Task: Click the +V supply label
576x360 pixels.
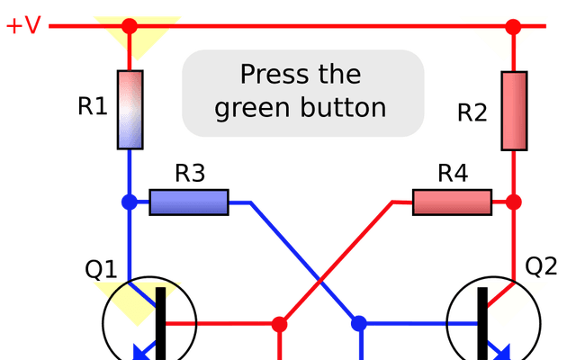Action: click(23, 25)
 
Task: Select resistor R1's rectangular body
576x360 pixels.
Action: click(130, 110)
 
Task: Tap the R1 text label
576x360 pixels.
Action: click(93, 106)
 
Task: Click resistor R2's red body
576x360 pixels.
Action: click(514, 111)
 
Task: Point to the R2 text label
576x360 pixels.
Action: click(472, 112)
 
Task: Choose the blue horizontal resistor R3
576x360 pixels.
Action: click(189, 202)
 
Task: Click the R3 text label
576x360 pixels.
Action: click(190, 173)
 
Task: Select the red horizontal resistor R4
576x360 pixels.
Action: click(452, 202)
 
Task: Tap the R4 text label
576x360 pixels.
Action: click(453, 173)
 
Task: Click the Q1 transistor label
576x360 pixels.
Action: click(101, 269)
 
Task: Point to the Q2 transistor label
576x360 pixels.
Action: click(541, 266)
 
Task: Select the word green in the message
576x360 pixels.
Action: click(252, 108)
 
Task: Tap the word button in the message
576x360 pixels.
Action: click(343, 107)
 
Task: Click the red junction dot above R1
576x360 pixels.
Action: click(130, 26)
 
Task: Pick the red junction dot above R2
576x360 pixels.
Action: click(513, 26)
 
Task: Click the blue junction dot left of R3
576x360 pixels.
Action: click(130, 202)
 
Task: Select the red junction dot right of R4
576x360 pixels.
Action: click(514, 202)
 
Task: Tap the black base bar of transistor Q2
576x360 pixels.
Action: click(482, 324)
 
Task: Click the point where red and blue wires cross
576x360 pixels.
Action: click(320, 282)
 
